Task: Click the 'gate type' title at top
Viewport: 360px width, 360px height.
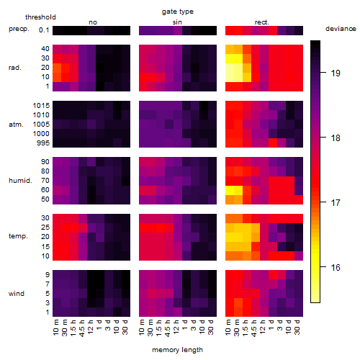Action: click(x=178, y=12)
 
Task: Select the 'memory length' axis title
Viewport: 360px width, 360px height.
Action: click(x=177, y=350)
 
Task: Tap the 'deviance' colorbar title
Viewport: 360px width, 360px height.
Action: click(x=341, y=29)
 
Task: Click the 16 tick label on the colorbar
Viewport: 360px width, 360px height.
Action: click(x=336, y=267)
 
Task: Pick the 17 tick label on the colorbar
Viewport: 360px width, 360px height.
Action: click(x=336, y=203)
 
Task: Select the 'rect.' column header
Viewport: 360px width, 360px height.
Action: click(x=261, y=22)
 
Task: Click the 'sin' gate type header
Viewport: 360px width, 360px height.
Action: click(x=177, y=22)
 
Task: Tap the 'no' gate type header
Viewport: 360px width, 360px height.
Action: click(x=93, y=22)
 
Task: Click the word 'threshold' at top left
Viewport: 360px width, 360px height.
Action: click(x=40, y=17)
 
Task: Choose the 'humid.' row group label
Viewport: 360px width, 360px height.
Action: click(x=20, y=181)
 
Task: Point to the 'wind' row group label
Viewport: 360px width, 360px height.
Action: click(x=17, y=294)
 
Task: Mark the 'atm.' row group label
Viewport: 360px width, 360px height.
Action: click(x=16, y=125)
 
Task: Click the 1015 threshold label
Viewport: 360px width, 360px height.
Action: click(x=41, y=106)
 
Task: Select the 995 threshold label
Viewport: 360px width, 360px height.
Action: click(x=43, y=143)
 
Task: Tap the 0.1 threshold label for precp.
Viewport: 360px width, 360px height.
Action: click(x=44, y=30)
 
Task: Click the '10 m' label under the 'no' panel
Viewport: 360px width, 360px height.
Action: click(x=56, y=328)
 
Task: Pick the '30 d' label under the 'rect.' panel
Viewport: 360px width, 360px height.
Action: click(x=297, y=328)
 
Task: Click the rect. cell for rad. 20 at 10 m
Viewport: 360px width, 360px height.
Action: click(x=230, y=68)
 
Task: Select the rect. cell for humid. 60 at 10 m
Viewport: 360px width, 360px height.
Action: click(x=230, y=190)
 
